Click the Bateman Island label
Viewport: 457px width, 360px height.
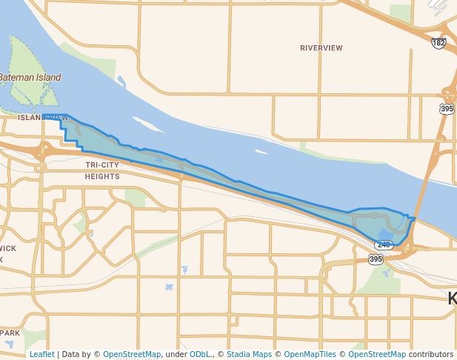30,77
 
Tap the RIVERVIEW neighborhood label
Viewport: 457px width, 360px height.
321,48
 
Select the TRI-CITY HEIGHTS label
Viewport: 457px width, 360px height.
102,171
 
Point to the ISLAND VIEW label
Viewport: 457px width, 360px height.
43,118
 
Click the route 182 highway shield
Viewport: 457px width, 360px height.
439,44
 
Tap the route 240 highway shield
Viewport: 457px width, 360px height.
383,244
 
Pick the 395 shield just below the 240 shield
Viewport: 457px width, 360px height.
376,259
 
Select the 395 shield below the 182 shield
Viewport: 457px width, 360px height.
447,109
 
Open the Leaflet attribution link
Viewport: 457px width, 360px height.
41,354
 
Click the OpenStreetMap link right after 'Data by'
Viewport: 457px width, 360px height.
132,354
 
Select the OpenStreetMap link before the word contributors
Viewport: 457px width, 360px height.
377,354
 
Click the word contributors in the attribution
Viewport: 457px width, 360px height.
431,354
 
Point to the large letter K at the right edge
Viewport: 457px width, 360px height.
452,299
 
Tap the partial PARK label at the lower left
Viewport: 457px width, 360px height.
10,333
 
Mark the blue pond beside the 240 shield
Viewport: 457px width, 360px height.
384,233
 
